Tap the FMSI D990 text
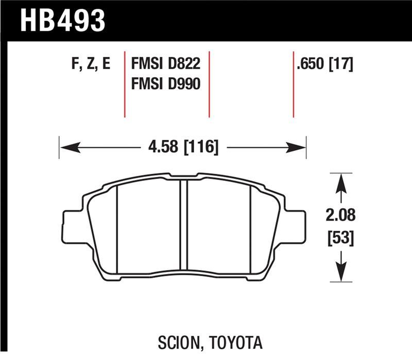[x=165, y=84]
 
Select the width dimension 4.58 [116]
[x=183, y=148]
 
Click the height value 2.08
[x=340, y=215]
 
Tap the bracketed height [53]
[x=340, y=238]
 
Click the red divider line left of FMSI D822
[x=125, y=85]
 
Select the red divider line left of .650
[x=294, y=85]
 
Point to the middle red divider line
[x=209, y=85]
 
